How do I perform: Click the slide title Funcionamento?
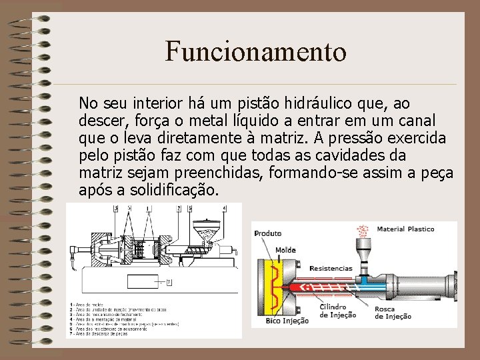click(x=256, y=51)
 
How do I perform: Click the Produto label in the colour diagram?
click(x=268, y=233)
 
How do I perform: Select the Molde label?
click(x=285, y=250)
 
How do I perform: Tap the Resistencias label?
click(x=331, y=268)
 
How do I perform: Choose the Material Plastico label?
click(x=405, y=229)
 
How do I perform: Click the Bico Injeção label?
click(x=287, y=321)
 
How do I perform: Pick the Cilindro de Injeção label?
click(x=338, y=311)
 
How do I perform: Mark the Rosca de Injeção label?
click(x=393, y=313)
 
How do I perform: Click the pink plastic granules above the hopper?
click(x=363, y=231)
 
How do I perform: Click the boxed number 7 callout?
click(x=169, y=282)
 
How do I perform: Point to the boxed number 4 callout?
click(x=224, y=209)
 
